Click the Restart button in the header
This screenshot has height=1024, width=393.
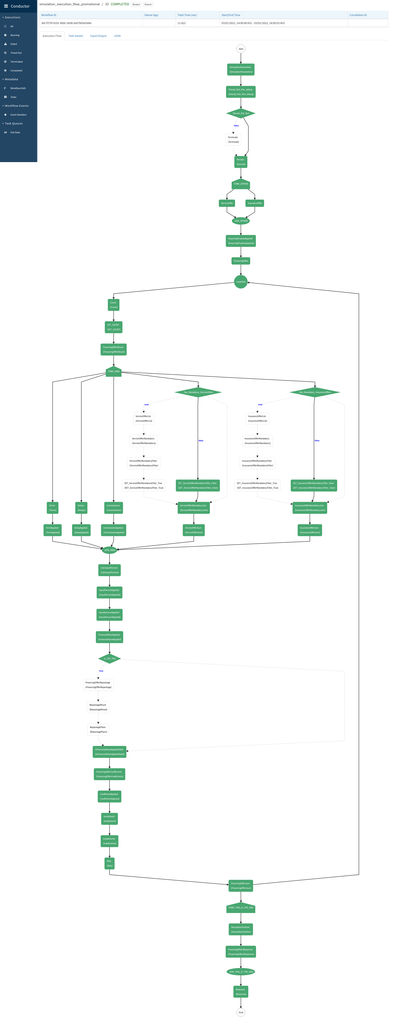pyautogui.click(x=136, y=4)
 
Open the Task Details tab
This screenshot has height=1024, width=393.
pyautogui.click(x=76, y=36)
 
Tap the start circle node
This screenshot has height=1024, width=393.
pyautogui.click(x=241, y=49)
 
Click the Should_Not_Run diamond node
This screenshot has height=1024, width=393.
pyautogui.click(x=241, y=113)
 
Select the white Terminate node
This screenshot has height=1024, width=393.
pyautogui.click(x=233, y=140)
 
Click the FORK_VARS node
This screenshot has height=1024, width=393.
pyautogui.click(x=114, y=371)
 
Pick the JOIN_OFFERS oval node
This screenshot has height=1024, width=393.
pyautogui.click(x=241, y=221)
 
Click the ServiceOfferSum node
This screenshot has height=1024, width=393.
pyautogui.click(x=194, y=530)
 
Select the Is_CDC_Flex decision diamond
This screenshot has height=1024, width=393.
pyautogui.click(x=109, y=659)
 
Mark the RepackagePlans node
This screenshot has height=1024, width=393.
pyautogui.click(x=98, y=729)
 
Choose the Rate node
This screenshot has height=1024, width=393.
pyautogui.click(x=109, y=863)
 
